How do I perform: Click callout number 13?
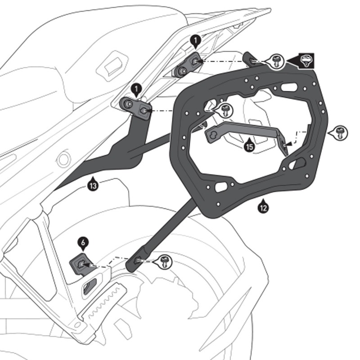pos(93,185)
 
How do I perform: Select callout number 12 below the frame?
pos(263,207)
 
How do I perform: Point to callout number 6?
pos(83,243)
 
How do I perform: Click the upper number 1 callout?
pos(194,41)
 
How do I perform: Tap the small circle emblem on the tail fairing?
pos(63,158)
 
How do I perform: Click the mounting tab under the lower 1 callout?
pos(135,108)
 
